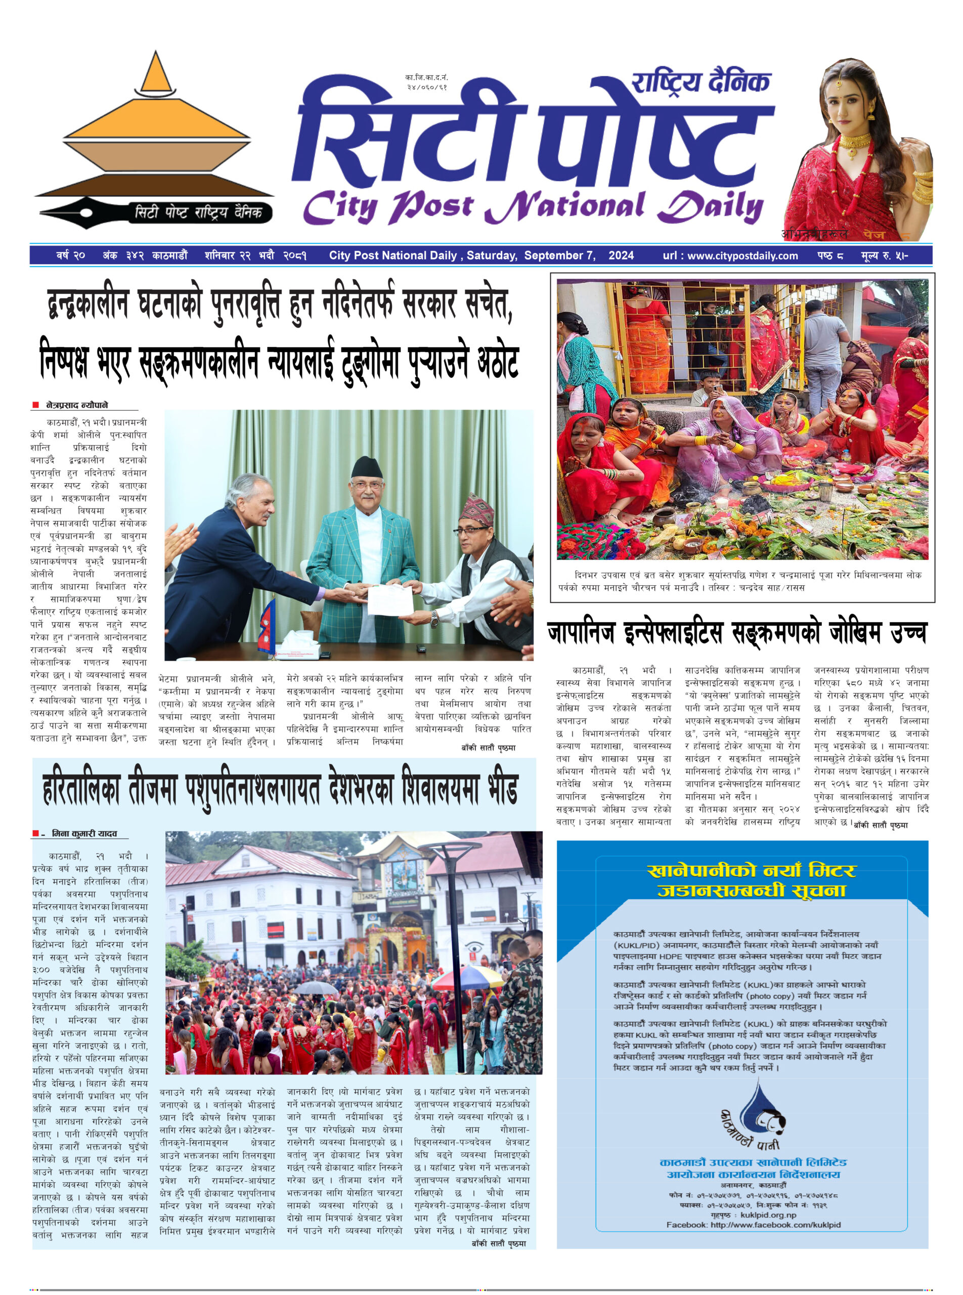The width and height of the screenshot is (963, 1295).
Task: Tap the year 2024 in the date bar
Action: point(621,255)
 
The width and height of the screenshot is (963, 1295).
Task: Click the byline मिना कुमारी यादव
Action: point(84,834)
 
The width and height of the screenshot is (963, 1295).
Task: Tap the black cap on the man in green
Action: point(367,466)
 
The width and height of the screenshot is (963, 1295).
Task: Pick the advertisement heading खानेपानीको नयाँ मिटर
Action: point(752,872)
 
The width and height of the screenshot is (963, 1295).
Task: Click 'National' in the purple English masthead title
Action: point(565,207)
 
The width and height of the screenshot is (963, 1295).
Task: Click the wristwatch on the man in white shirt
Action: point(434,619)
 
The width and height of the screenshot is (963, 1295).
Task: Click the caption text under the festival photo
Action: point(740,581)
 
